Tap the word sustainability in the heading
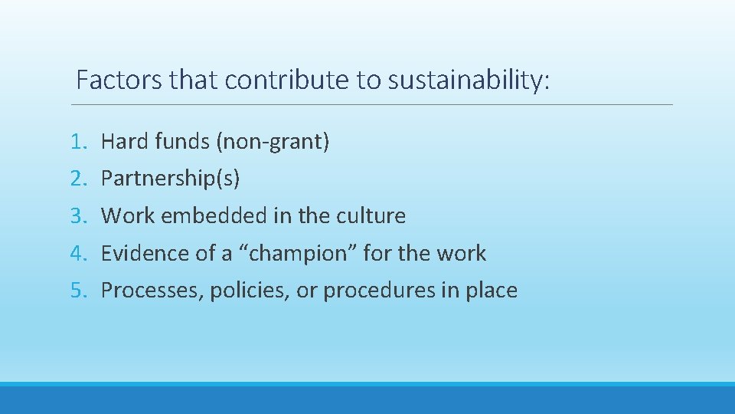click(x=469, y=80)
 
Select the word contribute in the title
click(x=285, y=80)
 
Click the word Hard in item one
click(x=125, y=142)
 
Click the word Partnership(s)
click(x=171, y=179)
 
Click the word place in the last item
click(x=489, y=291)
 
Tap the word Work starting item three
click(x=125, y=216)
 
